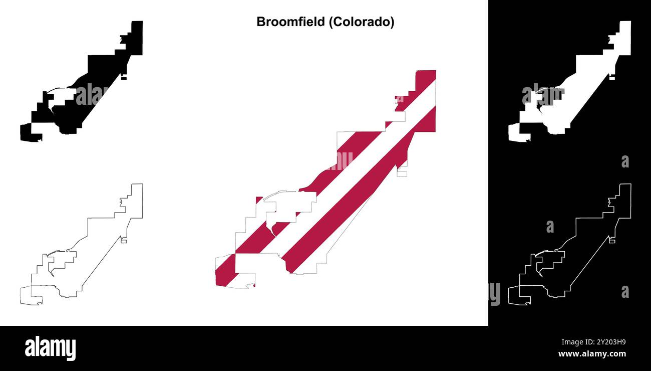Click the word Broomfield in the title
point(290,22)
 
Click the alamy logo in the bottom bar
point(50,348)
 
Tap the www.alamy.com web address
point(592,354)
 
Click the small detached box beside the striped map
point(402,174)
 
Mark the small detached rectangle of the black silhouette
point(124,78)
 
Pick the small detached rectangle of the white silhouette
point(612,78)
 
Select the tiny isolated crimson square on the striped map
point(258,200)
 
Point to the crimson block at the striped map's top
point(426,80)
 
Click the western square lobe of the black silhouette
point(26,132)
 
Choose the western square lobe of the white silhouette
point(514,132)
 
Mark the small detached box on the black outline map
point(124,241)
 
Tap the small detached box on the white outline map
point(612,241)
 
